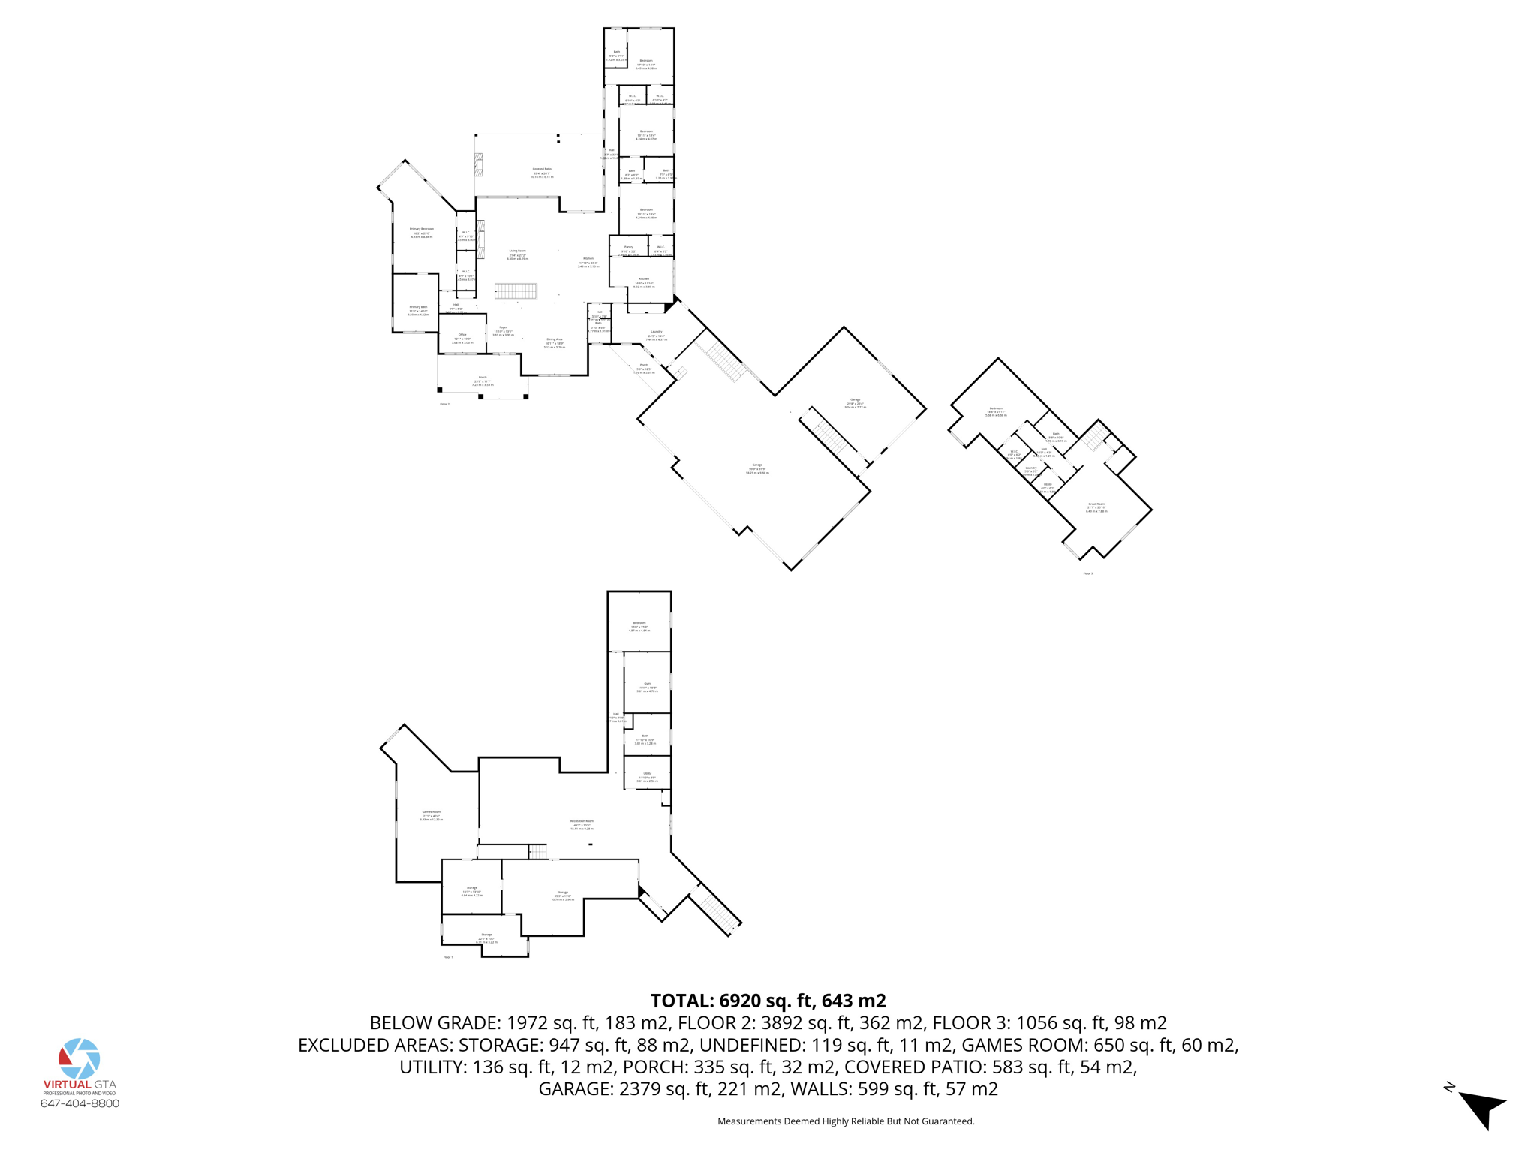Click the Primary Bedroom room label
tap(421, 229)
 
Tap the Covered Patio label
tap(542, 170)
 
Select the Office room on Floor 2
tap(462, 335)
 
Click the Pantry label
tap(629, 247)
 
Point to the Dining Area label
tap(555, 339)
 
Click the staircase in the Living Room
tap(516, 291)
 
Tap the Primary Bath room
tap(418, 307)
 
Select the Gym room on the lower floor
tap(647, 684)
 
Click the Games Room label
tap(432, 812)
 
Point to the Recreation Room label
tap(582, 821)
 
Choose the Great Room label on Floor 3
tap(1096, 504)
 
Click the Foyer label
tap(503, 327)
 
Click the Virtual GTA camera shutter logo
tap(80, 1058)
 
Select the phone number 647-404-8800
tap(80, 1103)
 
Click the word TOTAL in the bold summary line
tap(681, 1001)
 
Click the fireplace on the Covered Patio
tap(479, 164)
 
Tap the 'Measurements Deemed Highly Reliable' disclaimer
tap(846, 1121)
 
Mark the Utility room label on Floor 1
tap(647, 773)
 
